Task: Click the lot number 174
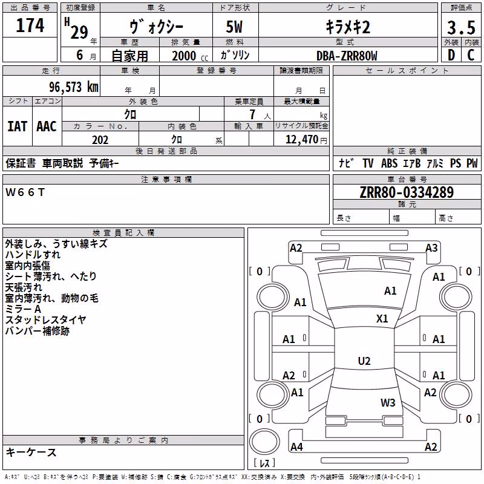(x=30, y=25)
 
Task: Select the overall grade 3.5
(x=461, y=28)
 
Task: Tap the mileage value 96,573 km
(x=74, y=87)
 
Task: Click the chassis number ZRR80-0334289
(x=407, y=192)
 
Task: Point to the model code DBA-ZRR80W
(x=347, y=56)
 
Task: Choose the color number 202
(x=100, y=140)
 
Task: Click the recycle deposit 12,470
(x=302, y=140)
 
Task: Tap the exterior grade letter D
(x=451, y=55)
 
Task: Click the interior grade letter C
(x=471, y=55)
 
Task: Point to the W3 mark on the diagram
(x=388, y=403)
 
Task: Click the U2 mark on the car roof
(x=364, y=361)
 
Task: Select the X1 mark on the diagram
(x=382, y=319)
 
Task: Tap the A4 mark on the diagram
(x=296, y=446)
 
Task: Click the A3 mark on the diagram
(x=431, y=248)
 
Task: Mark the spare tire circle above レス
(x=264, y=442)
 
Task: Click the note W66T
(x=25, y=192)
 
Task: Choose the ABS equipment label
(x=389, y=163)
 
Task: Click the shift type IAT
(x=17, y=126)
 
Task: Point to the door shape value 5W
(x=234, y=27)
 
